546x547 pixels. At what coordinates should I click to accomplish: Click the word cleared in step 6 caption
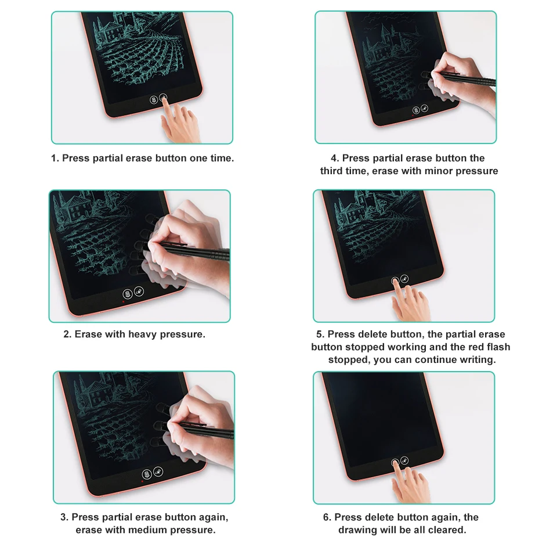click(x=447, y=530)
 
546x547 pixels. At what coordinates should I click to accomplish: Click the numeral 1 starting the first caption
click(x=54, y=158)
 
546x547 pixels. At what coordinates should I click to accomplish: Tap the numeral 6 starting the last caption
click(x=326, y=517)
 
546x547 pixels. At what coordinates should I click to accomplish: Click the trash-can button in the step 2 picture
click(x=128, y=294)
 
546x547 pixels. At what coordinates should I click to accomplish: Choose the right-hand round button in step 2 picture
click(x=139, y=293)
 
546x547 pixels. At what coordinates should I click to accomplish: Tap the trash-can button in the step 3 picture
click(x=147, y=474)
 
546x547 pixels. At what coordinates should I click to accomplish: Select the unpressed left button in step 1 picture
click(x=154, y=100)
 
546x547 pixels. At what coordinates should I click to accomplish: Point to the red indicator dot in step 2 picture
click(x=124, y=301)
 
